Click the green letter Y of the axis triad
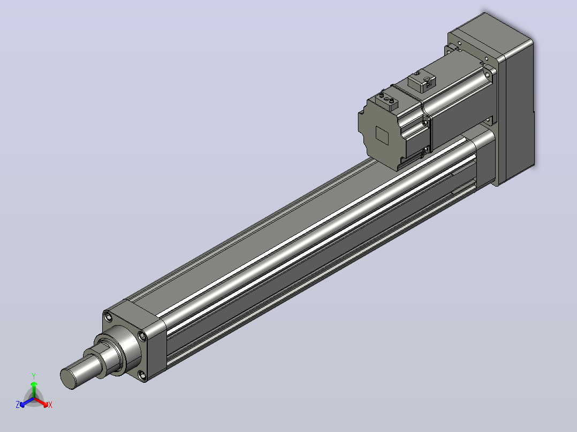(34, 376)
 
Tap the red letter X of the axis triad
(50, 405)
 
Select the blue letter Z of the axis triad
(17, 405)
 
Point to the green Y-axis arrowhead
(34, 384)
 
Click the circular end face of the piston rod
(67, 379)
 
